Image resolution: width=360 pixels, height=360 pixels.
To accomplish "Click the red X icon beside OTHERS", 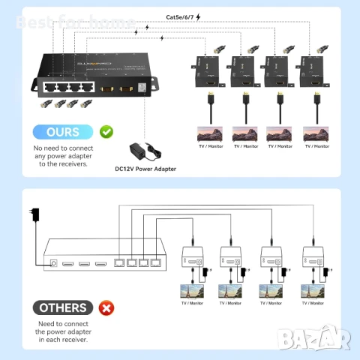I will pyautogui.click(x=107, y=307).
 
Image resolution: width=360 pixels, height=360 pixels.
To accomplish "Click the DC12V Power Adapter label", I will pyautogui.click(x=146, y=169).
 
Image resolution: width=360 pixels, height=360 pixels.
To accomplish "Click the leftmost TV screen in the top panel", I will pyautogui.click(x=211, y=133).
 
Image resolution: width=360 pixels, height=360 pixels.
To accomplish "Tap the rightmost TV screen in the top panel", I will pyautogui.click(x=316, y=133).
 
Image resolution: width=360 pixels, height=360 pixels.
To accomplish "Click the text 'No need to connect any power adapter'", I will pyautogui.click(x=64, y=156).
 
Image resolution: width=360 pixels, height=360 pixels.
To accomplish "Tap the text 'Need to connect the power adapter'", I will pyautogui.click(x=64, y=331).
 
